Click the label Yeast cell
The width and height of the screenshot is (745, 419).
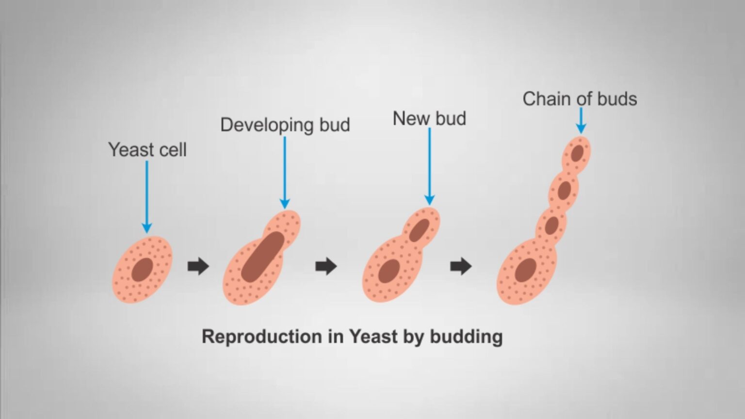(147, 150)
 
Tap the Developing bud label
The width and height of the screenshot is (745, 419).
(285, 125)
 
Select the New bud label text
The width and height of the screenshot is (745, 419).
(429, 119)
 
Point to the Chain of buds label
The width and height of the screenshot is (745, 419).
(580, 99)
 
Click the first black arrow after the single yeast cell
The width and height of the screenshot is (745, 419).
(198, 266)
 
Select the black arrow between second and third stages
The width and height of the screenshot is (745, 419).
(326, 266)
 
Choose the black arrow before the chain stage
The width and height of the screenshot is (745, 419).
(461, 266)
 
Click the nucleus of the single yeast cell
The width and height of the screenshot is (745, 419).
(142, 270)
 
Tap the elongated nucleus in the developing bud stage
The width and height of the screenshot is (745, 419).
(263, 257)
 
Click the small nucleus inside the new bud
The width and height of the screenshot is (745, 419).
(419, 230)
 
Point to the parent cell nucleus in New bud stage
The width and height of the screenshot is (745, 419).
(389, 271)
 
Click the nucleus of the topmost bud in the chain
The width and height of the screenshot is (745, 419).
(577, 153)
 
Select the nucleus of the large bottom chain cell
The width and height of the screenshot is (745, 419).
(526, 270)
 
